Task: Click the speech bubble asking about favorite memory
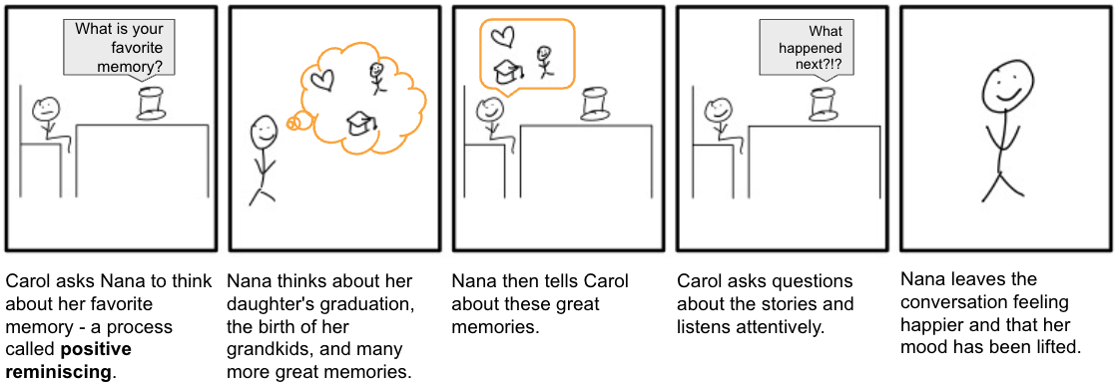pos(119,48)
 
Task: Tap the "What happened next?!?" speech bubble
pos(808,48)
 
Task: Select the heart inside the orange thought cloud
pos(322,79)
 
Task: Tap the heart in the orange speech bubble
pos(503,35)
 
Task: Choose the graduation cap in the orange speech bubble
pos(509,70)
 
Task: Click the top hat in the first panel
pos(152,105)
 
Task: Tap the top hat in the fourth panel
pos(823,104)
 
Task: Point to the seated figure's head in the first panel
pos(46,109)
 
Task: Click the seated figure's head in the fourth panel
pos(716,110)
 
